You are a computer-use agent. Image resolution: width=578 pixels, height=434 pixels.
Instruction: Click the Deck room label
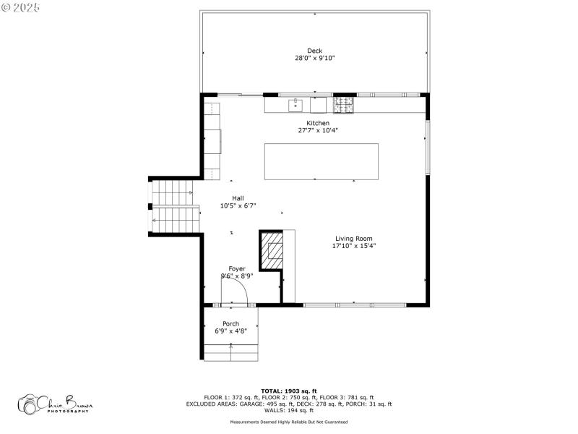pyautogui.click(x=314, y=51)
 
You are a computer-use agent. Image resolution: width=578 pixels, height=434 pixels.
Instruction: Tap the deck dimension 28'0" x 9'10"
pyautogui.click(x=314, y=58)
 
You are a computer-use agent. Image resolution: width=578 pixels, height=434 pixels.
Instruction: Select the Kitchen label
pyautogui.click(x=318, y=123)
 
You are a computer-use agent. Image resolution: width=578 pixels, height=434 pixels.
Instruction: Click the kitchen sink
pyautogui.click(x=296, y=106)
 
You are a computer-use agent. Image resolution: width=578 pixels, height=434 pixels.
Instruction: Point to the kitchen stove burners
pyautogui.click(x=344, y=106)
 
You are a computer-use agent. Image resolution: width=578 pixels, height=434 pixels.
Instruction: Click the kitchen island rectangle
pyautogui.click(x=321, y=161)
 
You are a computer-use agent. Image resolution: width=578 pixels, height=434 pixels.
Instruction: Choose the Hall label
pyautogui.click(x=238, y=198)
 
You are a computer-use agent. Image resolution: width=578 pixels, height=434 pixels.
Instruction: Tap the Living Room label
pyautogui.click(x=354, y=239)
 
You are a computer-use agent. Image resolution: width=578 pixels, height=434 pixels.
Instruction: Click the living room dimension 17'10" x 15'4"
pyautogui.click(x=354, y=246)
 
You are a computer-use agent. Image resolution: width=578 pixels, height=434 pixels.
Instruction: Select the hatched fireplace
pyautogui.click(x=273, y=250)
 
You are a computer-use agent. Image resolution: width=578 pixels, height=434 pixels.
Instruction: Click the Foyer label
pyautogui.click(x=237, y=268)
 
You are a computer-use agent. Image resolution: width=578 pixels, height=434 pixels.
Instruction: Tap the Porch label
pyautogui.click(x=230, y=323)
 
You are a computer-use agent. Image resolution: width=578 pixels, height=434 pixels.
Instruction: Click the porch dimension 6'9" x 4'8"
pyautogui.click(x=230, y=331)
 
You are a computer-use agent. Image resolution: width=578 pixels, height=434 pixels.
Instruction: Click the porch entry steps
pyautogui.click(x=231, y=352)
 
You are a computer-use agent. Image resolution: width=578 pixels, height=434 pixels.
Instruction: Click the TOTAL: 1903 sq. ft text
pyautogui.click(x=289, y=391)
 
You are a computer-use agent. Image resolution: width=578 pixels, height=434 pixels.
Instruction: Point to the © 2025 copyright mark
pyautogui.click(x=21, y=7)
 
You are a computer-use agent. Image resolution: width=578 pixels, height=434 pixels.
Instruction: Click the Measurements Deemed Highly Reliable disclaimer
pyautogui.click(x=289, y=422)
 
